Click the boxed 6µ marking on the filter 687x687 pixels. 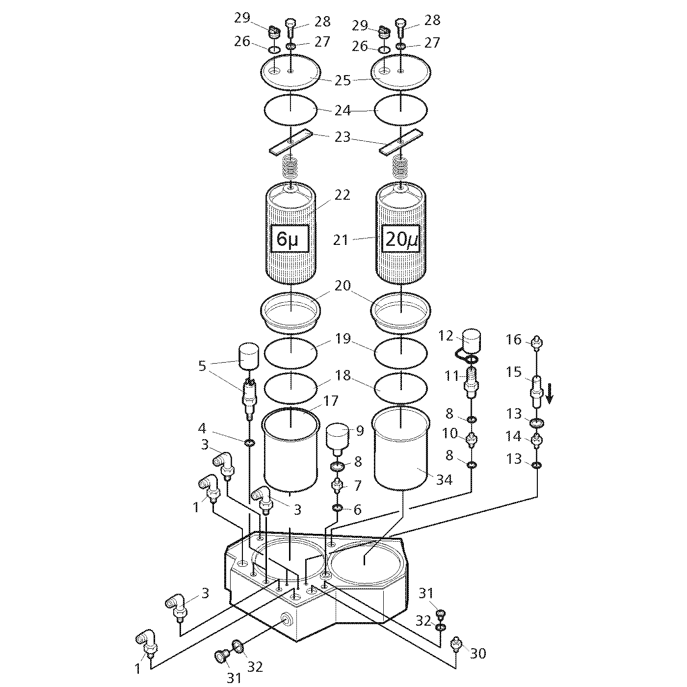(x=290, y=238)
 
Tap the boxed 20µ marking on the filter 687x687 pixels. (x=400, y=238)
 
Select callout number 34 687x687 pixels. (x=444, y=479)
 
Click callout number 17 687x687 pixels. (x=331, y=401)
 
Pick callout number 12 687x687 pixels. (x=446, y=336)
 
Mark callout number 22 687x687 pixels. (x=343, y=195)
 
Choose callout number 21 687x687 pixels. (x=341, y=240)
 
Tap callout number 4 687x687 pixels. (x=202, y=428)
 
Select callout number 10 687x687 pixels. (x=449, y=434)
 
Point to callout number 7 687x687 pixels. (x=357, y=486)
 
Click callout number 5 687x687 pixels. (x=202, y=366)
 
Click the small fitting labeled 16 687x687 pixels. (x=537, y=341)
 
